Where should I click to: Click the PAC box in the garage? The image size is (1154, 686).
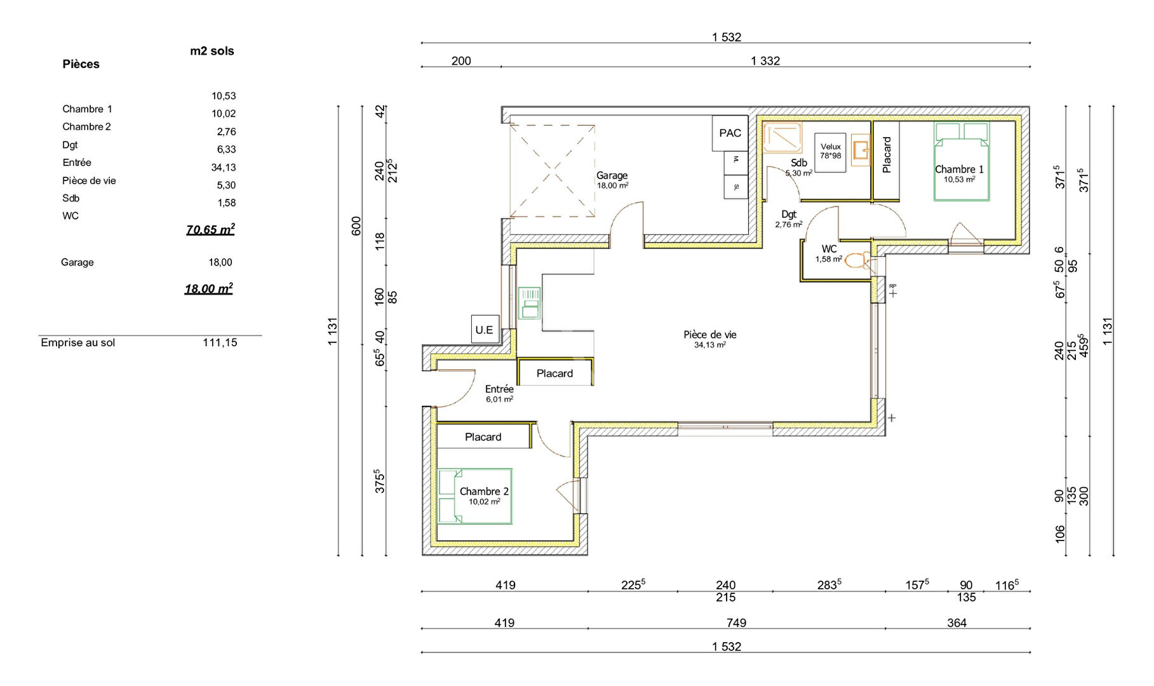(730, 133)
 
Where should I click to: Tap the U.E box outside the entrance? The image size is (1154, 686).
(485, 330)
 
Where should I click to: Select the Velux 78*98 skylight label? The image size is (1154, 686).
(830, 151)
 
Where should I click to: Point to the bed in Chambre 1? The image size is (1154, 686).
(962, 162)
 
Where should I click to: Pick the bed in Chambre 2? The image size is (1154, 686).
(474, 497)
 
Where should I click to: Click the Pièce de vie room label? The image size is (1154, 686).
(710, 335)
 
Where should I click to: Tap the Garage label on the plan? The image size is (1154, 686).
(612, 175)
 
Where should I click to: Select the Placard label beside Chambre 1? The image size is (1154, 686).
(887, 154)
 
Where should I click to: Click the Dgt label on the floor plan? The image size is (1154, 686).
(789, 215)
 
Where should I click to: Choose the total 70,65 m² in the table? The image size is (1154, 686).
(210, 229)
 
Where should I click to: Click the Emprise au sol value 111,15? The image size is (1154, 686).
(220, 342)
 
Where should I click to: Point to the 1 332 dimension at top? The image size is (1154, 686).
(765, 61)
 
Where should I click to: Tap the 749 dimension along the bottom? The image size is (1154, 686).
(736, 623)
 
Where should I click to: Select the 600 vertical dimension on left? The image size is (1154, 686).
(356, 226)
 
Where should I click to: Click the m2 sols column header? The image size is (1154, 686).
(212, 51)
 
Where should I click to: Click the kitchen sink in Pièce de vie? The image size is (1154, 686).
(529, 303)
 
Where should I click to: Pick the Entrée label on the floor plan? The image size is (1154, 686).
(499, 389)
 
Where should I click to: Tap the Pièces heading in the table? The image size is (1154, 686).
(81, 64)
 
